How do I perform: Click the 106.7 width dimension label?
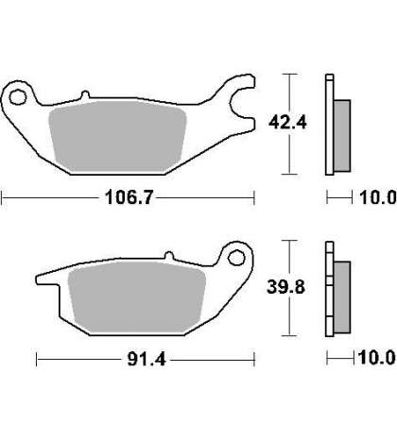tap(129, 197)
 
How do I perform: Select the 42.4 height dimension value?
tap(287, 122)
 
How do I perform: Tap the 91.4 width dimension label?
tap(147, 359)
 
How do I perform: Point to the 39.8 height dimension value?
tap(285, 287)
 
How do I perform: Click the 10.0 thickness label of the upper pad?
tap(378, 197)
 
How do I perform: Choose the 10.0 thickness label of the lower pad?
tap(377, 358)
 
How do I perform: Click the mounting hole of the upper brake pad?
tap(17, 97)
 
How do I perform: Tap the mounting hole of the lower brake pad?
tap(236, 258)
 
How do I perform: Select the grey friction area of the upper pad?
tap(117, 136)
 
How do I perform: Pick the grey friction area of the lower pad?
tap(137, 297)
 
